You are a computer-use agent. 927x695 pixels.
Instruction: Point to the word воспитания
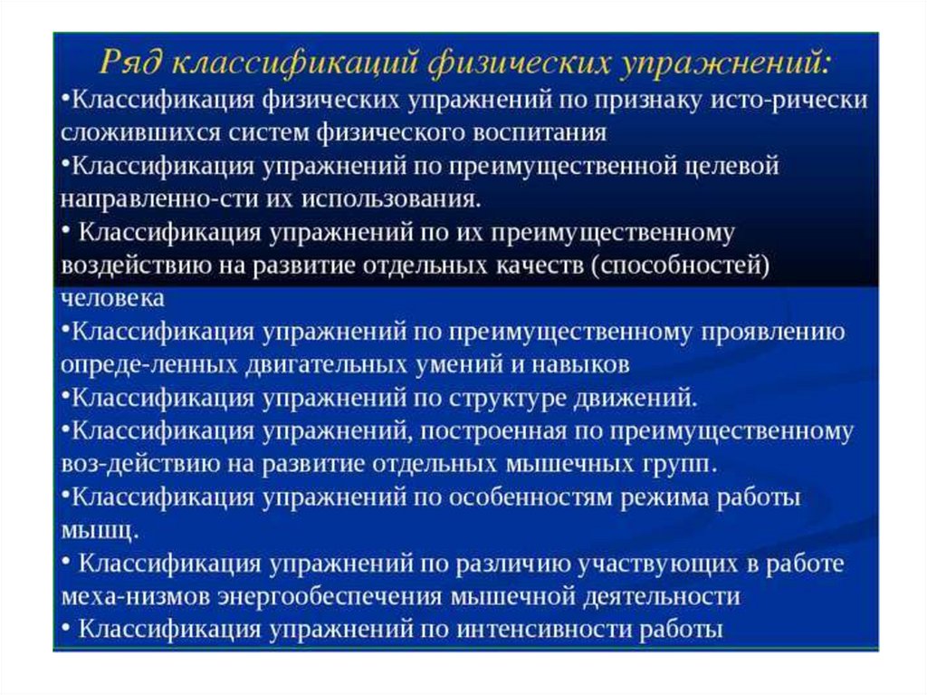(542, 132)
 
